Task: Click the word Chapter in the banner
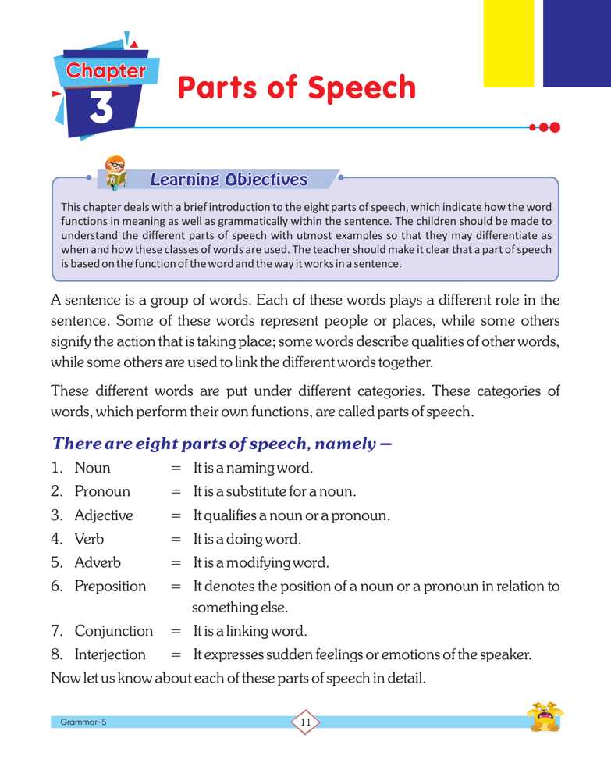tap(106, 71)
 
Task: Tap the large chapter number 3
tap(101, 109)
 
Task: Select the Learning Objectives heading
tap(229, 180)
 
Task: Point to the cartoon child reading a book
tap(117, 173)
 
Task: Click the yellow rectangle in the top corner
tap(508, 43)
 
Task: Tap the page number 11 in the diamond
tap(305, 722)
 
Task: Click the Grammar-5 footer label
tap(83, 722)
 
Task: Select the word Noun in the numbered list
tap(92, 469)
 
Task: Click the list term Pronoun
tap(102, 492)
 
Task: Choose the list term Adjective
tap(104, 515)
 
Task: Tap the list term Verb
tap(89, 539)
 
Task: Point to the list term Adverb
tap(98, 562)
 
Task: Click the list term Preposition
tap(110, 586)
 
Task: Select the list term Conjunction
tap(114, 631)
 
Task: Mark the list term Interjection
tap(110, 654)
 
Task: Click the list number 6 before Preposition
tap(56, 586)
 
